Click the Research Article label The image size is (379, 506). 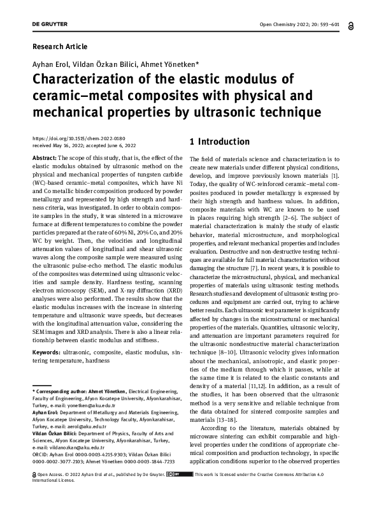pos(59,47)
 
